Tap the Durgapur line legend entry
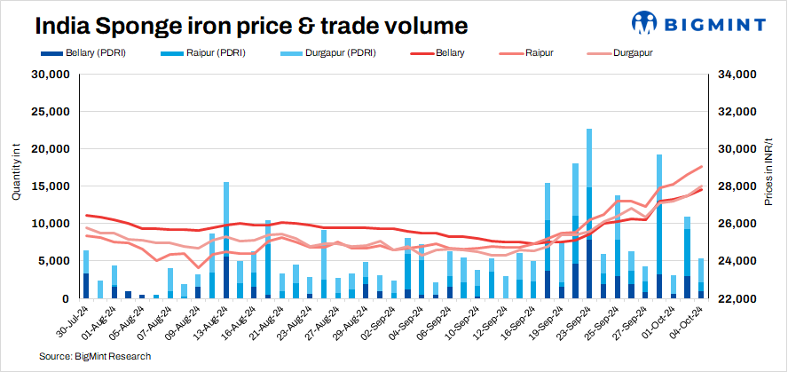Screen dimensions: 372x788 click(631, 53)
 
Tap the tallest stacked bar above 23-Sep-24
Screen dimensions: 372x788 click(589, 213)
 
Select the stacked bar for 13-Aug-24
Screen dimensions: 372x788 click(226, 240)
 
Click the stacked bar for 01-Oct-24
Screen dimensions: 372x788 click(659, 226)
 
